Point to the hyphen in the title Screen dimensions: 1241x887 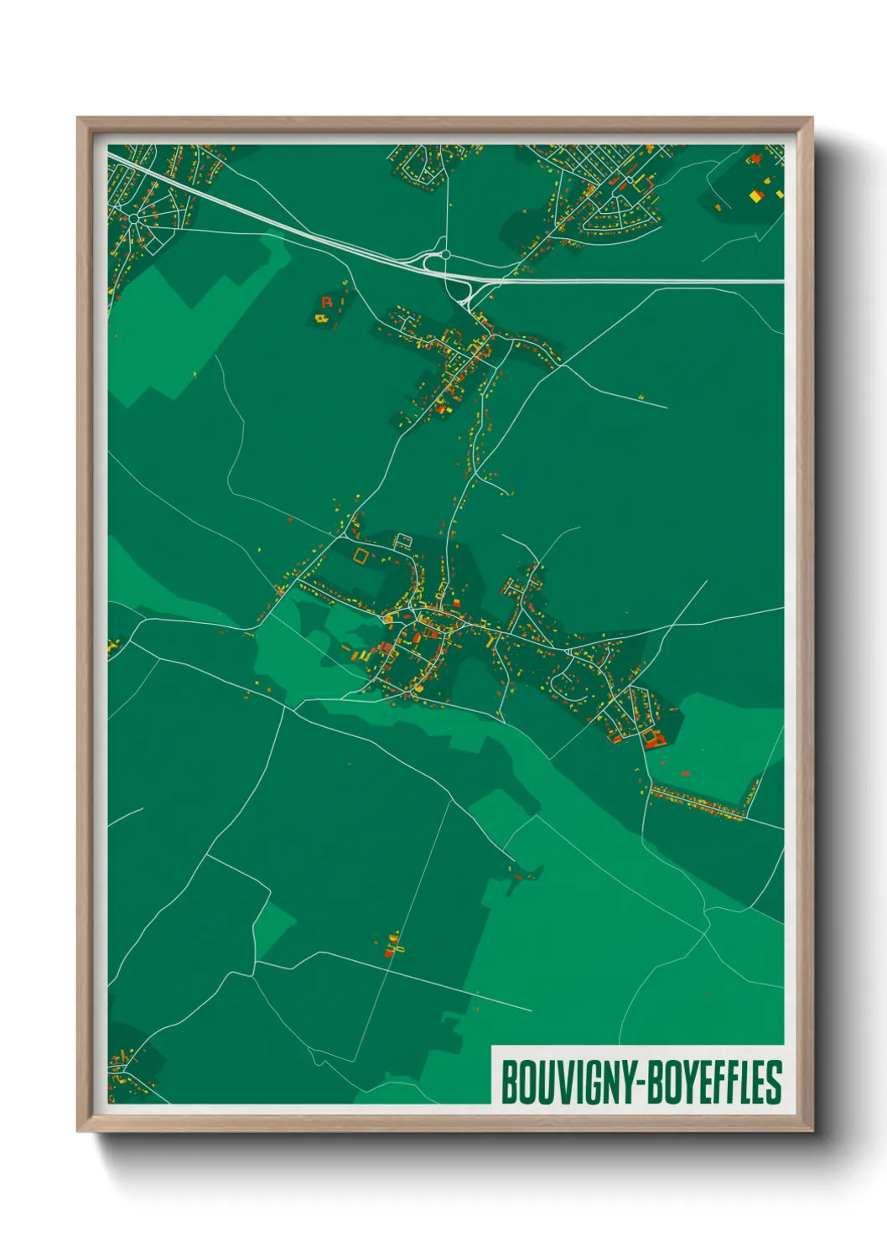[642, 1083]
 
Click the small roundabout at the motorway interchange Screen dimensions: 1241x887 [445, 254]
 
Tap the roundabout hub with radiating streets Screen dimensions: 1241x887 [133, 218]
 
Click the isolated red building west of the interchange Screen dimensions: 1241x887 [327, 302]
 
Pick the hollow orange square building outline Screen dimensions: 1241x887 [361, 554]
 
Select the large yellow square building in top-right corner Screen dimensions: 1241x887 [755, 196]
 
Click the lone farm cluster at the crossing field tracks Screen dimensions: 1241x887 [392, 946]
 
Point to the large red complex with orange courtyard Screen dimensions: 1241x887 [653, 739]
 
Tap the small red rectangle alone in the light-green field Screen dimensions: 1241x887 [685, 772]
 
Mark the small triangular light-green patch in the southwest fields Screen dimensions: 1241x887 [273, 926]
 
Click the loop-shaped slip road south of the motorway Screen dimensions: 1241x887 [460, 293]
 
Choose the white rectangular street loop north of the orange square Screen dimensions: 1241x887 [403, 541]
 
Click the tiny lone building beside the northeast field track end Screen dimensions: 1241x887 [641, 396]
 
